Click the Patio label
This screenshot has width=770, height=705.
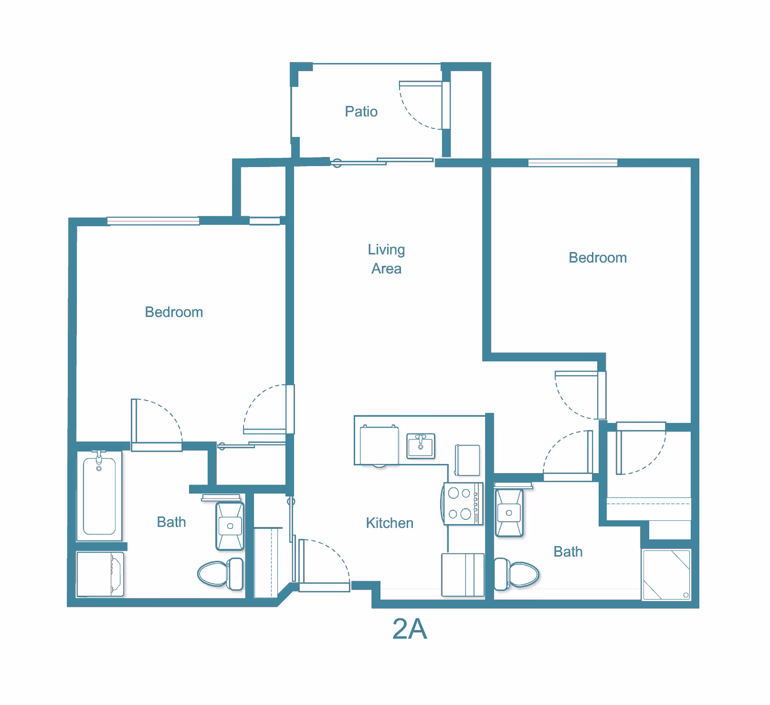pyautogui.click(x=361, y=112)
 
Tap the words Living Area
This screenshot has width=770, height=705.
pyautogui.click(x=386, y=259)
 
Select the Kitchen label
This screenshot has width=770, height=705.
pyautogui.click(x=389, y=523)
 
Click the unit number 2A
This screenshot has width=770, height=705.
pyautogui.click(x=410, y=629)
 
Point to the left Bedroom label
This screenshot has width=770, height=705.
pyautogui.click(x=174, y=312)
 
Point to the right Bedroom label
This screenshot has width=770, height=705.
pyautogui.click(x=598, y=258)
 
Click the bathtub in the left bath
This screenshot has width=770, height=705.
pyautogui.click(x=99, y=496)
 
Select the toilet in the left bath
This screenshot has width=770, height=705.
pyautogui.click(x=221, y=574)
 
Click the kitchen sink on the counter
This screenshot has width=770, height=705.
pyautogui.click(x=421, y=446)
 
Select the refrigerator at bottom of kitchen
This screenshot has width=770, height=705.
pyautogui.click(x=462, y=575)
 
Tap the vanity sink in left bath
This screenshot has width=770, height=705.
pyautogui.click(x=230, y=526)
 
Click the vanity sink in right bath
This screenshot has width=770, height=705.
pyautogui.click(x=509, y=513)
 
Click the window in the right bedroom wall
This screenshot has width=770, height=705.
pyautogui.click(x=572, y=163)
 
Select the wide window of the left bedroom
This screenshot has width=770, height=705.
pyautogui.click(x=153, y=221)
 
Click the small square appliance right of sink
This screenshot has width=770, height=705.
pyautogui.click(x=467, y=460)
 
